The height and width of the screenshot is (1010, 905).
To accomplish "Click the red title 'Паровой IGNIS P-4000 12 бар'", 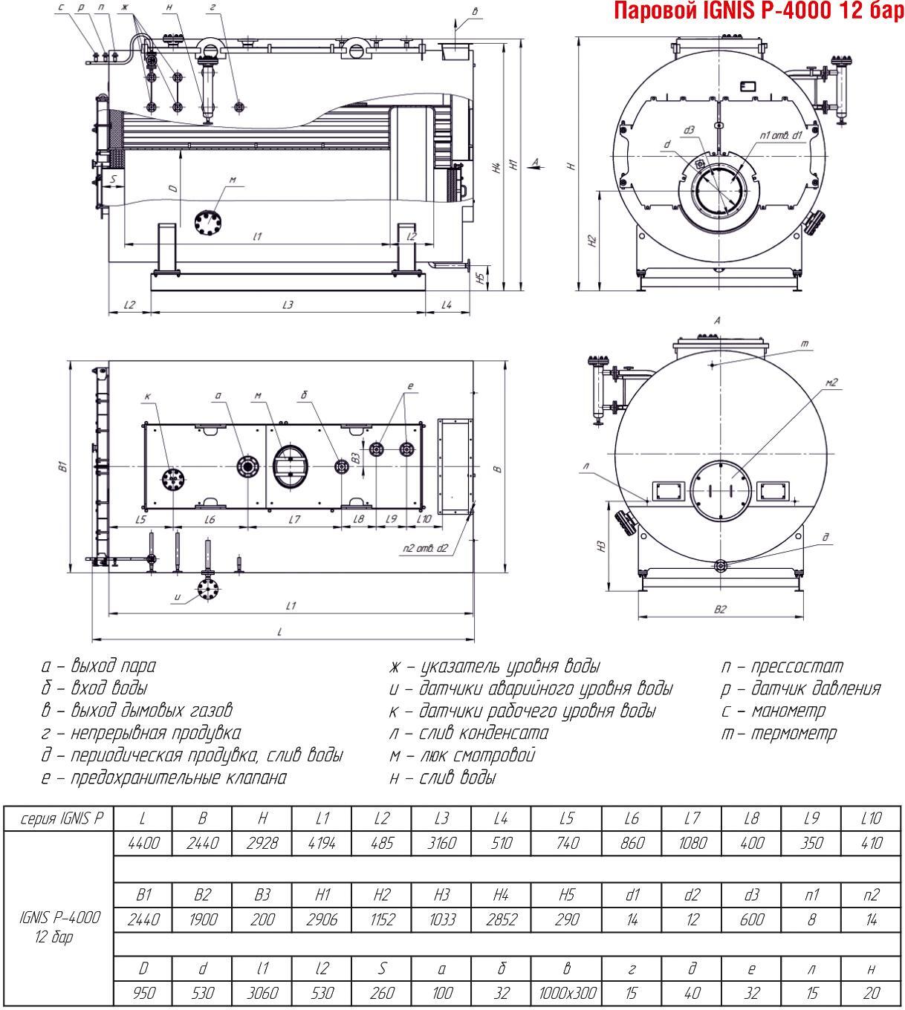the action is [759, 11].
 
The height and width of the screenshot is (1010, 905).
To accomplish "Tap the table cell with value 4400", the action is [143, 843].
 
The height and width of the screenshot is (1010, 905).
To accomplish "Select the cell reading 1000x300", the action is [567, 993].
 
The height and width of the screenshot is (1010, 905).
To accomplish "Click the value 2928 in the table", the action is [262, 843].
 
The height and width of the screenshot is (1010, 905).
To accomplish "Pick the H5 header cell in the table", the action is [567, 895].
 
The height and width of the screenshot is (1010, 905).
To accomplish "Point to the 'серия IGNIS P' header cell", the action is [59, 819].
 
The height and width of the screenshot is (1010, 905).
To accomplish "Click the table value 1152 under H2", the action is [382, 919].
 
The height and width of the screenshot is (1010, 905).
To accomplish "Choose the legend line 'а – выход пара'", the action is [99, 666].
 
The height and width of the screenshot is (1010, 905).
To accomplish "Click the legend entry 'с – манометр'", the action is [773, 711].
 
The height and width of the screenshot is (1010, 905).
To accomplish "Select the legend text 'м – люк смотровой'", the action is [462, 755].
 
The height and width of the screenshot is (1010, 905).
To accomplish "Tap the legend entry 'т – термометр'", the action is [779, 733].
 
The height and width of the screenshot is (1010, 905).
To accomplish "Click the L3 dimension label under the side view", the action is [288, 304].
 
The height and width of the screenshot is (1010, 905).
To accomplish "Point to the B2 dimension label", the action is [721, 609].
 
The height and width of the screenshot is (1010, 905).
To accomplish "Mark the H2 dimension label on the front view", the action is [592, 241].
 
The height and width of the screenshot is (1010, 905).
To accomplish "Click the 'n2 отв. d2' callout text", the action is [426, 548].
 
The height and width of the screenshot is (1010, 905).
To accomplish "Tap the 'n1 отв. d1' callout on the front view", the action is [781, 135].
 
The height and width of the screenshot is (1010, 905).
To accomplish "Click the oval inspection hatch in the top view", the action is [290, 466].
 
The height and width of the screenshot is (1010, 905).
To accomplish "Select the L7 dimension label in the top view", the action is [294, 519].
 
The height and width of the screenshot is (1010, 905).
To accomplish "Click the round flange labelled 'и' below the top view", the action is [207, 589].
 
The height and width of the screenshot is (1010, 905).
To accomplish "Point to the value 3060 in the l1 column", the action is [262, 993].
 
